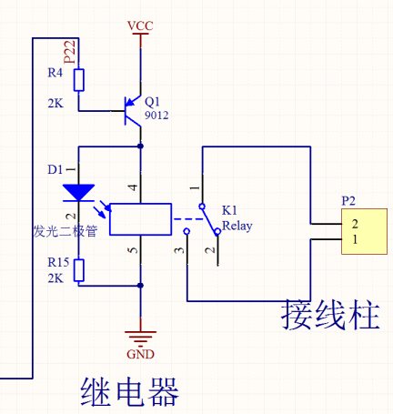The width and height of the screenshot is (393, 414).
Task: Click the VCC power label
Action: click(x=140, y=25)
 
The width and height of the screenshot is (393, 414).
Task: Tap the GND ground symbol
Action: click(x=140, y=338)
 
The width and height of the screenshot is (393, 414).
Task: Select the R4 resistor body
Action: click(x=79, y=80)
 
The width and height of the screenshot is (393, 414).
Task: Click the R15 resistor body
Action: click(x=79, y=270)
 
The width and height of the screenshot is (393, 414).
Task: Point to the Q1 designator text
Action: click(x=152, y=102)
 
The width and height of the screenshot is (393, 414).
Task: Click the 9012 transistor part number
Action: click(x=156, y=116)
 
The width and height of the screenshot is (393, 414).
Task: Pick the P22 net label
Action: click(x=70, y=52)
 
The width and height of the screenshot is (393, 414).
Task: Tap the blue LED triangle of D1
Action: click(x=79, y=193)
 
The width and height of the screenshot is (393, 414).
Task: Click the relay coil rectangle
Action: click(x=140, y=219)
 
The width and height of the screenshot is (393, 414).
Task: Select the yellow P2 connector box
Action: click(x=364, y=231)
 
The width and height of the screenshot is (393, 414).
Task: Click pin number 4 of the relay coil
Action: click(x=134, y=187)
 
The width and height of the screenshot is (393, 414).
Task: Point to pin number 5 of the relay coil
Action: click(x=134, y=250)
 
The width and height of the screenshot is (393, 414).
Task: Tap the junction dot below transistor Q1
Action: click(x=140, y=146)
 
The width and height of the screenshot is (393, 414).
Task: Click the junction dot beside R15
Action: click(x=140, y=286)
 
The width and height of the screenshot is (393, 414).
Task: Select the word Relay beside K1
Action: click(x=237, y=227)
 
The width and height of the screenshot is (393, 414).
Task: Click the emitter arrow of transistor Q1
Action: click(x=131, y=103)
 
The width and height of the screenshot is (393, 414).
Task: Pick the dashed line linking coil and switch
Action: click(x=188, y=219)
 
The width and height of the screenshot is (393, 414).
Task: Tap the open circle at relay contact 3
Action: click(x=187, y=232)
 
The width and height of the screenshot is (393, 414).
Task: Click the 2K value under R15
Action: click(x=55, y=278)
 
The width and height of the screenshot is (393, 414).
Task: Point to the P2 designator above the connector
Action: click(x=348, y=201)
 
